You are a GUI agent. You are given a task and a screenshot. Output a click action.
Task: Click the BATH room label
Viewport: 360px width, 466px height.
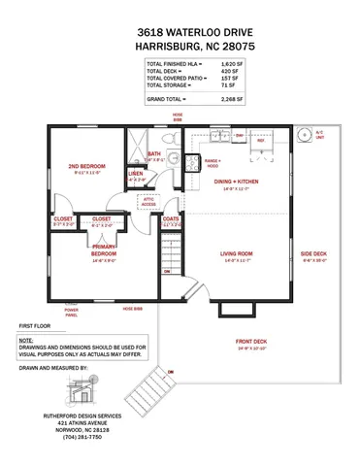[154, 153]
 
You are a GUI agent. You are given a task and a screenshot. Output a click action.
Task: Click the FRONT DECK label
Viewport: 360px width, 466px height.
[249, 341]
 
